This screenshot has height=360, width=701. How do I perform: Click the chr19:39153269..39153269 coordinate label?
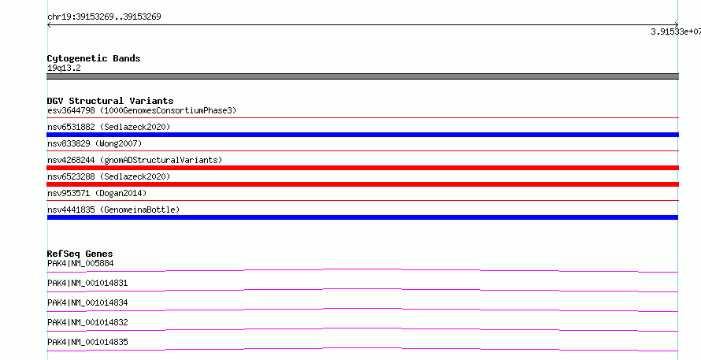pyautogui.click(x=104, y=17)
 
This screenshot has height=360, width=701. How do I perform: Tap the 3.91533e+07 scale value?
pyautogui.click(x=676, y=32)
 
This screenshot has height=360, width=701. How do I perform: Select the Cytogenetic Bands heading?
pyautogui.click(x=94, y=58)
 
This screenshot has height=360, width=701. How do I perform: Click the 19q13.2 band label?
pyautogui.click(x=64, y=69)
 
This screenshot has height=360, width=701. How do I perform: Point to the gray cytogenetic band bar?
pyautogui.click(x=362, y=76)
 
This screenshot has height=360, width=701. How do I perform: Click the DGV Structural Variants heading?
pyautogui.click(x=110, y=101)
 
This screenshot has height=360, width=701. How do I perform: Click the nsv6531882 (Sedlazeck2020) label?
pyautogui.click(x=109, y=127)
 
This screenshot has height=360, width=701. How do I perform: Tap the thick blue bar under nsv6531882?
pyautogui.click(x=362, y=135)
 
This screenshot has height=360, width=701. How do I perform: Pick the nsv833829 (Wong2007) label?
pyautogui.click(x=95, y=143)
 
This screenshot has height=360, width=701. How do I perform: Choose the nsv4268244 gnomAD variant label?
pyautogui.click(x=135, y=160)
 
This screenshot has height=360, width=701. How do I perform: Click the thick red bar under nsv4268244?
pyautogui.click(x=362, y=168)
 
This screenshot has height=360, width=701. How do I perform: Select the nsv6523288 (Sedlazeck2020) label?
pyautogui.click(x=109, y=176)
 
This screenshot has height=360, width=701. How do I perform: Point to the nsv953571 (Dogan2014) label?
pyautogui.click(x=97, y=193)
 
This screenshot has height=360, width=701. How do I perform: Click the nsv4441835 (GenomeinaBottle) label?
pyautogui.click(x=113, y=210)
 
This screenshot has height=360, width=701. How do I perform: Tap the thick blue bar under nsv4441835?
pyautogui.click(x=362, y=217)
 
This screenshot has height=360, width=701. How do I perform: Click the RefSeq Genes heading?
pyautogui.click(x=80, y=254)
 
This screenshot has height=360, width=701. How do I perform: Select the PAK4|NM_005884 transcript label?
pyautogui.click(x=80, y=263)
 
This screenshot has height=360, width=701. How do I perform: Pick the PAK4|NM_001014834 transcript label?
pyautogui.click(x=87, y=302)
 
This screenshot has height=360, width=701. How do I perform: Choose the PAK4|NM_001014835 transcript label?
pyautogui.click(x=87, y=342)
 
